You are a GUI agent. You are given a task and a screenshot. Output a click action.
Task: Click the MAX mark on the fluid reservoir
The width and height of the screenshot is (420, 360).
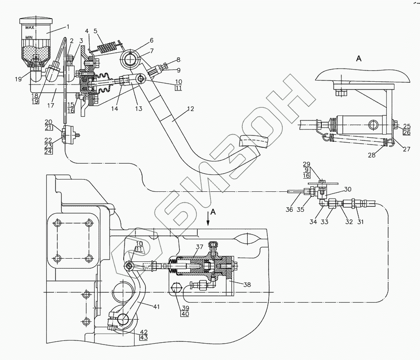(29, 28)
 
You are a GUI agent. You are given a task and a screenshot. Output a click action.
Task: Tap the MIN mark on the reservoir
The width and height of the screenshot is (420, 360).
(29, 37)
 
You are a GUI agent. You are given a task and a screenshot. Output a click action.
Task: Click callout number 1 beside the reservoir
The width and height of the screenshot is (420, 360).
(68, 26)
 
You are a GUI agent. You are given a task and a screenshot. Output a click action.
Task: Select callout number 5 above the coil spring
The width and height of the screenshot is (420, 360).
(95, 30)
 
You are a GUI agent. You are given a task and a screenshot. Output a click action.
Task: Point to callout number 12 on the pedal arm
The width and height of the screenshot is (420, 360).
(191, 109)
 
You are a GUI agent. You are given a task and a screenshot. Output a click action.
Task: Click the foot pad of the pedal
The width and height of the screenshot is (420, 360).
(254, 141)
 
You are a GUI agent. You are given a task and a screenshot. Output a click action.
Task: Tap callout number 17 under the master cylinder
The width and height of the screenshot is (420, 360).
(50, 105)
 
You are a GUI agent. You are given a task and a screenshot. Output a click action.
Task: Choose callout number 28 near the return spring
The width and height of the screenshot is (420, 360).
(371, 155)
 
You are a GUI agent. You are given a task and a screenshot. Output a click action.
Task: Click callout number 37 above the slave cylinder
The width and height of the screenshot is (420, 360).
(199, 247)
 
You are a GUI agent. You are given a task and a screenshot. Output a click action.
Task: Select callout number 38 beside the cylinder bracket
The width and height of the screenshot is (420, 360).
(247, 284)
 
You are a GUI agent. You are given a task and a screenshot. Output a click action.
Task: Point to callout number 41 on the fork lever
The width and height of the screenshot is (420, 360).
(156, 306)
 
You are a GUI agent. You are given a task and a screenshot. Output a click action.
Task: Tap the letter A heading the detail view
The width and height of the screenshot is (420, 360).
(359, 58)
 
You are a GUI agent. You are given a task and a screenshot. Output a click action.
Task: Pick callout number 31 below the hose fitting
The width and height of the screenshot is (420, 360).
(360, 221)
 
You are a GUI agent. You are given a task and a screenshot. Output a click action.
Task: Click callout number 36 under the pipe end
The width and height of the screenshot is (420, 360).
(289, 210)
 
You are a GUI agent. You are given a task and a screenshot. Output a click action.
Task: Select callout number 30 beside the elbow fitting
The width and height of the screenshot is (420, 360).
(347, 190)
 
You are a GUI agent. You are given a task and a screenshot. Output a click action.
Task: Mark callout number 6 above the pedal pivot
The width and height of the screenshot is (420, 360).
(152, 40)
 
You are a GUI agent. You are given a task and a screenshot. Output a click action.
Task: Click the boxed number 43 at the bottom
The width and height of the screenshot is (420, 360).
(144, 337)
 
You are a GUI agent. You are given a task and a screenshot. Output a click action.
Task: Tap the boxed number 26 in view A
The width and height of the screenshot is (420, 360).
(407, 132)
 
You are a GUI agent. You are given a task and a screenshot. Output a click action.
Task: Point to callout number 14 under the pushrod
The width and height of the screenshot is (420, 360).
(115, 109)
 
